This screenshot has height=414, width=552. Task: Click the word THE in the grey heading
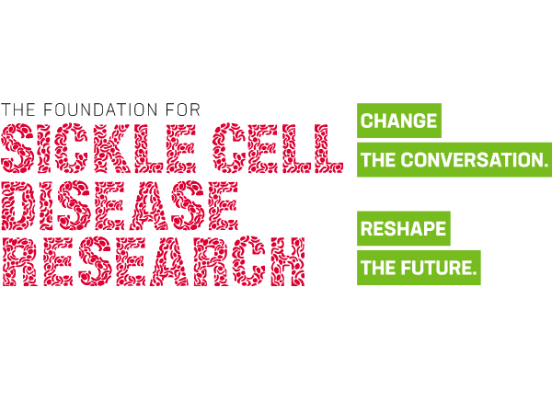tap(18, 109)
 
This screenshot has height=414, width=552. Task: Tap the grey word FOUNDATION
tap(100, 109)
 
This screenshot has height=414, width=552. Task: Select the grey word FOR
tap(183, 109)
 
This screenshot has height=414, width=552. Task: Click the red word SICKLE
tap(98, 148)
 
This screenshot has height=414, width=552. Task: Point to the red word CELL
tap(278, 148)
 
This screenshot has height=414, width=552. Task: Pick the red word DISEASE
tap(120, 205)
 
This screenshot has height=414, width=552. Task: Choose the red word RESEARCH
tap(154, 261)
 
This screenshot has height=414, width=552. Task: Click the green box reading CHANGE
tap(399, 121)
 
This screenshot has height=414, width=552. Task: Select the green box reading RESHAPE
tap(404, 228)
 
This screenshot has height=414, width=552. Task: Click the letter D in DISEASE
tap(18, 205)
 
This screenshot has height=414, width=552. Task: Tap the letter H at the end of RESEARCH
tap(288, 261)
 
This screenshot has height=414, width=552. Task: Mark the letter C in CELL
tap(228, 148)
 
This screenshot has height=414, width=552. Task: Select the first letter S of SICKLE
tap(17, 148)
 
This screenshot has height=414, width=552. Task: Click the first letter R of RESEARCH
tap(19, 261)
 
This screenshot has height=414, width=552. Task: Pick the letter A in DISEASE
tap(148, 205)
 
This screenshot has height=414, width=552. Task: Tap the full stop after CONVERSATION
tap(545, 165)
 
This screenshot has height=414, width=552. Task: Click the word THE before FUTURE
tap(378, 268)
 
